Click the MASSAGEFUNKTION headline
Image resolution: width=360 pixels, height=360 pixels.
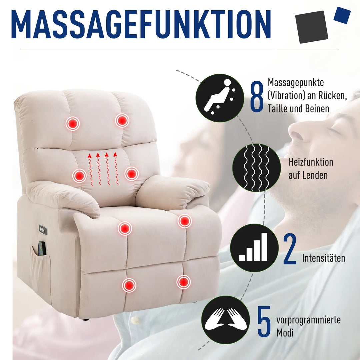tap(141, 25)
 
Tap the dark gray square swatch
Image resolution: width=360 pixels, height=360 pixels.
tap(312, 27)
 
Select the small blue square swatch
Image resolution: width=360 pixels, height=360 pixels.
tap(342, 15)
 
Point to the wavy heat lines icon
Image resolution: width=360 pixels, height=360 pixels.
tap(256, 168)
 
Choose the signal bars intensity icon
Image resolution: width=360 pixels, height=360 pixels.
tap(254, 248)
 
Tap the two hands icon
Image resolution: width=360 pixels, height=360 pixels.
tap(226, 320)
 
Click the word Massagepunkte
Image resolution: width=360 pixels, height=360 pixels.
tap(296, 82)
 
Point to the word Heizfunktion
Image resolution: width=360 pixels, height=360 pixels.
tap(311, 162)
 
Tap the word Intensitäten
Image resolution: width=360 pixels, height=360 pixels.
tap(323, 258)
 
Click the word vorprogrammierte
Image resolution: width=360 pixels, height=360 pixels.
tap(308, 320)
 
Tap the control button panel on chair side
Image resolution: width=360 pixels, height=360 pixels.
tap(43, 230)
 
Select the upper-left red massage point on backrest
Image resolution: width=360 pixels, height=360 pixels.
tap(72, 124)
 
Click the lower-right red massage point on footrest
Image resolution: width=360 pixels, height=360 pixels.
tap(183, 282)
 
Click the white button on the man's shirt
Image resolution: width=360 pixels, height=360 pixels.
tap(135, 321)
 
